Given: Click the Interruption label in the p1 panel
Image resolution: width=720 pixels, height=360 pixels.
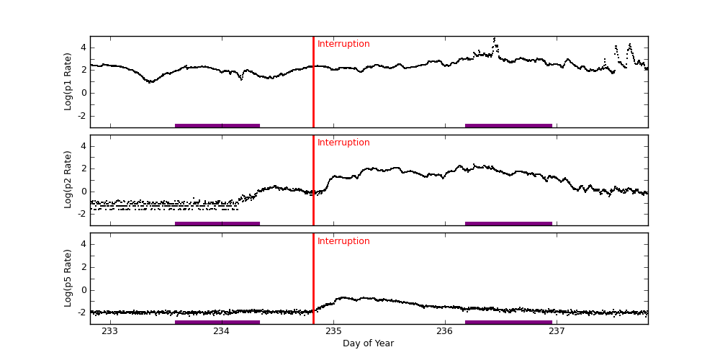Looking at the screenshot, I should (343, 44).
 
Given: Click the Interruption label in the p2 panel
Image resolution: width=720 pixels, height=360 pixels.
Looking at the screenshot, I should (343, 143).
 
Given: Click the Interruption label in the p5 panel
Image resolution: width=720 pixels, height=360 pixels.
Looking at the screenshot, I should (343, 241).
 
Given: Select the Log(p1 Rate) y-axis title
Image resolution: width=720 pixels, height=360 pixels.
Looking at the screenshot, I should (68, 81).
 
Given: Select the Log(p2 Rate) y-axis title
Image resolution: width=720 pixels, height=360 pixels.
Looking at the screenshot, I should (68, 180).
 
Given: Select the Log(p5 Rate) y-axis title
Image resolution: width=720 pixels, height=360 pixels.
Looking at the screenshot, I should (68, 278).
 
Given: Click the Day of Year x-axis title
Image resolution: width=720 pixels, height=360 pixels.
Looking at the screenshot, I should (368, 343).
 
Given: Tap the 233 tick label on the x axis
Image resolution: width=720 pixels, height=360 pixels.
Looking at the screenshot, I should (110, 331).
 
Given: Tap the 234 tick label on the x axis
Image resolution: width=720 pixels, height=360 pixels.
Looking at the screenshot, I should (222, 331).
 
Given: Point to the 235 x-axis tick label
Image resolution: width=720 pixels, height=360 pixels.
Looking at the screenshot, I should (333, 331).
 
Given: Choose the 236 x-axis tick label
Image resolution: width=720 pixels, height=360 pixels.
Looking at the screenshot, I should (445, 331).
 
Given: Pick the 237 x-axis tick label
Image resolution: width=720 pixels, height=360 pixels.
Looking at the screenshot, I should (557, 331).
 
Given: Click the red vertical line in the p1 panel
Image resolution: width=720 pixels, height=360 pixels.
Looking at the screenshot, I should (313, 86).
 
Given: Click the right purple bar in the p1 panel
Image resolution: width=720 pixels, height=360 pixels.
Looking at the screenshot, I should (508, 125).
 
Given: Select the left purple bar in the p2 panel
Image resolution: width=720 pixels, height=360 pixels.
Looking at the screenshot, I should (217, 223).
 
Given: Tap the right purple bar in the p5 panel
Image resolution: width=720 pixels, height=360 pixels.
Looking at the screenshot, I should (508, 322).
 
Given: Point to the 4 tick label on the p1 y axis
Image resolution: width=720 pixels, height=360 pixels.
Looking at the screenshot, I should (83, 48).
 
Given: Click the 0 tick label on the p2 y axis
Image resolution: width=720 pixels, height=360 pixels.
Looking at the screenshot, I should (83, 192).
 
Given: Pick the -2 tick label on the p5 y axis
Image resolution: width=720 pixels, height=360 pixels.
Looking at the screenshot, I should (81, 312).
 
